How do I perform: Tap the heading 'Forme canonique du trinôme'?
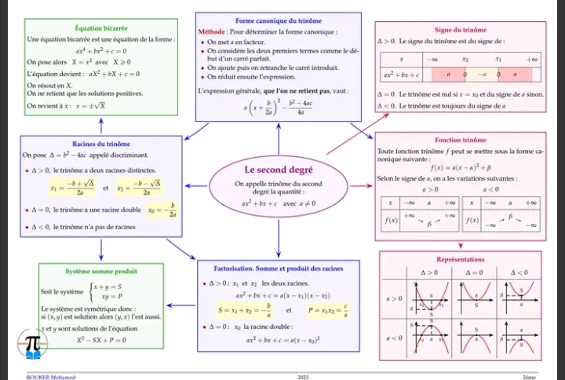(278, 20)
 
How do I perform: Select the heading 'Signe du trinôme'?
(460, 28)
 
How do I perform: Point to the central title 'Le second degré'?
(279, 170)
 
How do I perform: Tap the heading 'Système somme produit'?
(101, 271)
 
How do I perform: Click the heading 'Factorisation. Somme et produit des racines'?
(278, 269)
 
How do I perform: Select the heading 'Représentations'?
(460, 259)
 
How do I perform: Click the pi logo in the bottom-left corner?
(33, 343)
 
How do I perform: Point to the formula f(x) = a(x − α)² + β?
(460, 168)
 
